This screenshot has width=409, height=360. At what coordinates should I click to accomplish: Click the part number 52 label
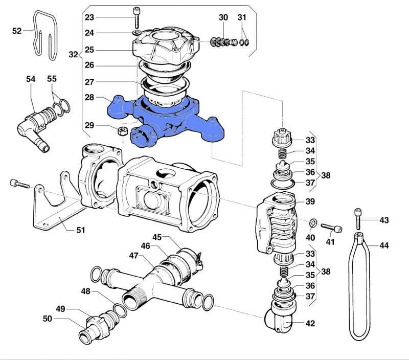coord(16,31)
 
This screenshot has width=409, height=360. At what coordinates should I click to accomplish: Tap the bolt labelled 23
coord(138,18)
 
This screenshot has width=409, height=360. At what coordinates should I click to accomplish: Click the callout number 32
coord(73,54)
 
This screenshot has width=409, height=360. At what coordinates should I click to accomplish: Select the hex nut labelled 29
coord(122,131)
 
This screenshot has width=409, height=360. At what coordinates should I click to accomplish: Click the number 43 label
coord(384,220)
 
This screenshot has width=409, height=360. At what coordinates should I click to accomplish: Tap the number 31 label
coord(242,17)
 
